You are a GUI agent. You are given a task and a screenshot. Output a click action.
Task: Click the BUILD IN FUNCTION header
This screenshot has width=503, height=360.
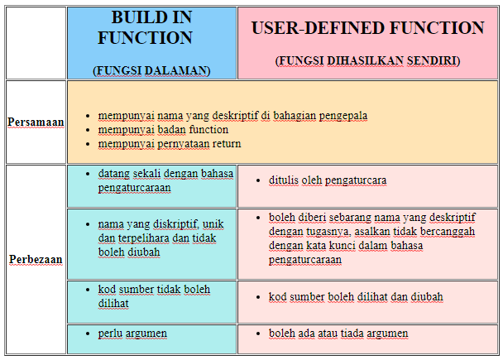pos(145,28)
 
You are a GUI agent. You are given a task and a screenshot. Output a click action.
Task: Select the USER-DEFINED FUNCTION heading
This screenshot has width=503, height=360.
pos(368,28)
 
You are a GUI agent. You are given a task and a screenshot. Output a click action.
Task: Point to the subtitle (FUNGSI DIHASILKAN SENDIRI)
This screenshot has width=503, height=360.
pos(367,60)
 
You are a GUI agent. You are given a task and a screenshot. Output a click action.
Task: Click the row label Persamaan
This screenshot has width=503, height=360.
pos(36,122)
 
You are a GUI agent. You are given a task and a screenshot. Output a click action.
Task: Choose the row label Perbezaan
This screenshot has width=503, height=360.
pos(36,259)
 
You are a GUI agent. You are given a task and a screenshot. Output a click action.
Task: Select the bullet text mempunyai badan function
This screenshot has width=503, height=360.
pos(163,130)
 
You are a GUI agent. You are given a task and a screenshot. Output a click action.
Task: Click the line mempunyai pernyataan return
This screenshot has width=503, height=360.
pos(170,143)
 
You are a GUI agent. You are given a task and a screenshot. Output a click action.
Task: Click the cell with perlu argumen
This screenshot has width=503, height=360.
pos(132,333)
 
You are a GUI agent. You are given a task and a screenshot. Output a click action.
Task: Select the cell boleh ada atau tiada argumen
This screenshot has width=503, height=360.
pos(338,333)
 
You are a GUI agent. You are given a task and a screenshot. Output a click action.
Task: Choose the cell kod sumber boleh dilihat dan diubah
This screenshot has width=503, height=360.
pos(356,296)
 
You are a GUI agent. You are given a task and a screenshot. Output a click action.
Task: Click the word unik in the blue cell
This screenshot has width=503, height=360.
pos(213,224)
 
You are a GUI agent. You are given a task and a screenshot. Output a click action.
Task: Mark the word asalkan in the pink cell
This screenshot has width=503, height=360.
pos(377,233)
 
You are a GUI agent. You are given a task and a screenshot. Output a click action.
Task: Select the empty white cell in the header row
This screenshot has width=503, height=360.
pos(36,42)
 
